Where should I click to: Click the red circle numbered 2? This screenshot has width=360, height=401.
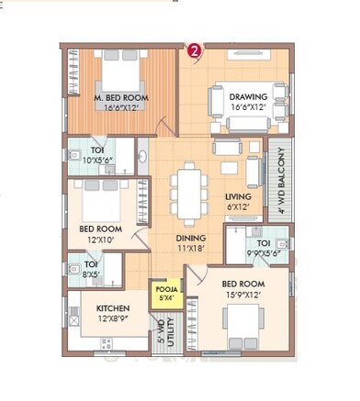(x=195, y=51)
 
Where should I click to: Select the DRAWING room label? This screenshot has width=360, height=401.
(x=248, y=96)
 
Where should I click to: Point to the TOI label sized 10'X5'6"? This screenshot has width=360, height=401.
(x=97, y=150)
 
